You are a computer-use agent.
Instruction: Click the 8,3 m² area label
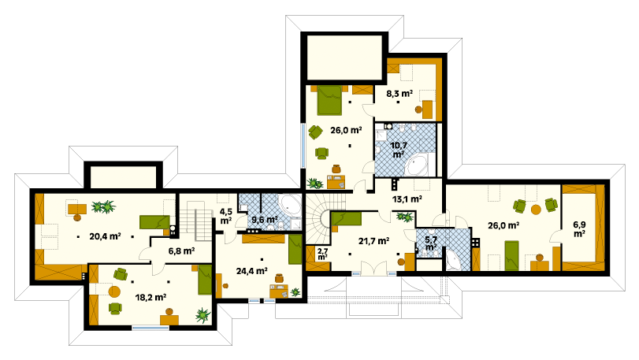pyautogui.click(x=399, y=94)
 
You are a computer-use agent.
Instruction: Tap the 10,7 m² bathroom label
pyautogui.click(x=399, y=150)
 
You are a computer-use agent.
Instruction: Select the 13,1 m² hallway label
pyautogui.click(x=407, y=199)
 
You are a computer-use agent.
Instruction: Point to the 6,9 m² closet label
pyautogui.click(x=579, y=229)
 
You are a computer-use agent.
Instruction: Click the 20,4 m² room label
pyautogui.click(x=105, y=236)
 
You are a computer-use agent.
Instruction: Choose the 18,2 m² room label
pyautogui.click(x=150, y=297)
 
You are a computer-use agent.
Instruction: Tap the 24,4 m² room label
pyautogui.click(x=252, y=270)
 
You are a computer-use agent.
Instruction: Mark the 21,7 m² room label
pyautogui.click(x=373, y=241)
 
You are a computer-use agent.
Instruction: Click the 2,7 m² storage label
pyautogui.click(x=322, y=254)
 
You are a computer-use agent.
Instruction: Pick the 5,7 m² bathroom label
pyautogui.click(x=431, y=243)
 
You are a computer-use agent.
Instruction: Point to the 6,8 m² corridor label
pyautogui.click(x=181, y=251)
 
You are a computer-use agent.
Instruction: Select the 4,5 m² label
pyautogui.click(x=225, y=217)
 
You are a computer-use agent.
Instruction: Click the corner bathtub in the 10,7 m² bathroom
pyautogui.click(x=416, y=165)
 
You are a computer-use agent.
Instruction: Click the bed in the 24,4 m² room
pyautogui.click(x=295, y=249)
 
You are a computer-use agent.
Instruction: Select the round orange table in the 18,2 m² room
pyautogui.click(x=114, y=291)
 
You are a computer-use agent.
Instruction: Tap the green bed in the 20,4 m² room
pyautogui.click(x=154, y=222)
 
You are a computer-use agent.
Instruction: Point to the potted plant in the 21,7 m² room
pyautogui.click(x=405, y=217)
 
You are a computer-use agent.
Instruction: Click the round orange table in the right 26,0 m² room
pyautogui.click(x=536, y=210)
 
